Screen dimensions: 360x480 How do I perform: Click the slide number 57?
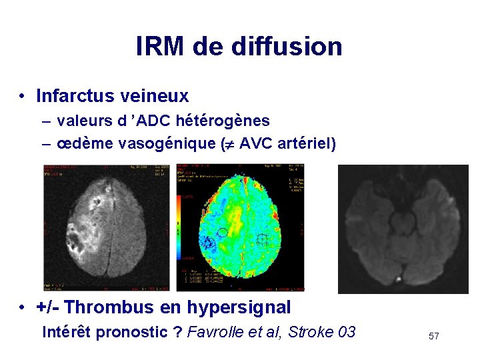pos(433,336)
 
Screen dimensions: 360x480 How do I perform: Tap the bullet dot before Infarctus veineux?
pos(23,97)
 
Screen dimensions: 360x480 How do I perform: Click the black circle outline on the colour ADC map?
pos(223,232)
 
